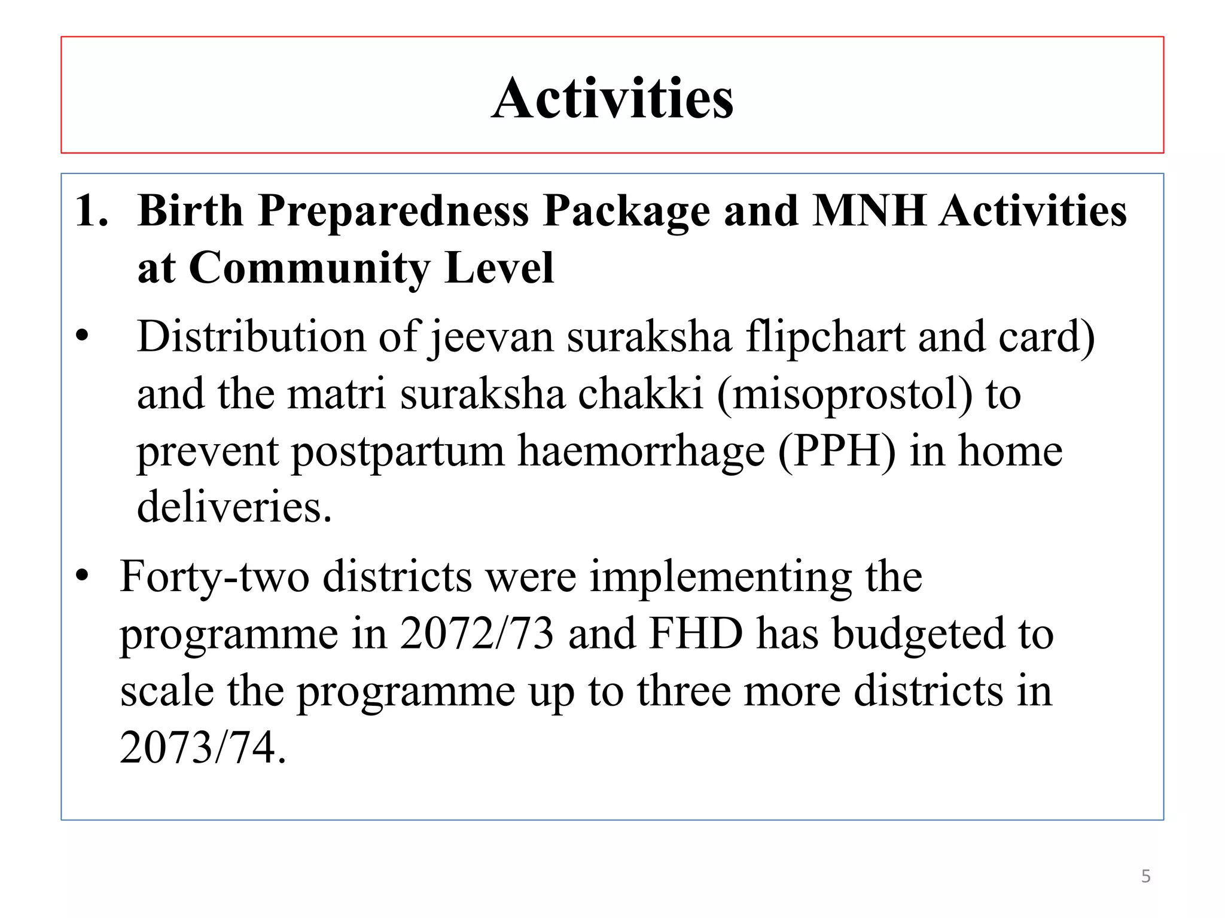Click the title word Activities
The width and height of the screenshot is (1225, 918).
612,99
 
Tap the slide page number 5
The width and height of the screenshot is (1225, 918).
1145,876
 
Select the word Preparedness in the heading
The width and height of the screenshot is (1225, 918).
393,213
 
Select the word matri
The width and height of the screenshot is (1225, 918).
336,394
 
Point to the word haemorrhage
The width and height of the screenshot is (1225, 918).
641,452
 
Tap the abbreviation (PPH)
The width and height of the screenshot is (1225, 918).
837,452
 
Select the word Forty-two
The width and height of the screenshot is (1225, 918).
214,577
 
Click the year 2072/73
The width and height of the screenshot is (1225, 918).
477,634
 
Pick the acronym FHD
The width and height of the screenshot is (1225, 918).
695,634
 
